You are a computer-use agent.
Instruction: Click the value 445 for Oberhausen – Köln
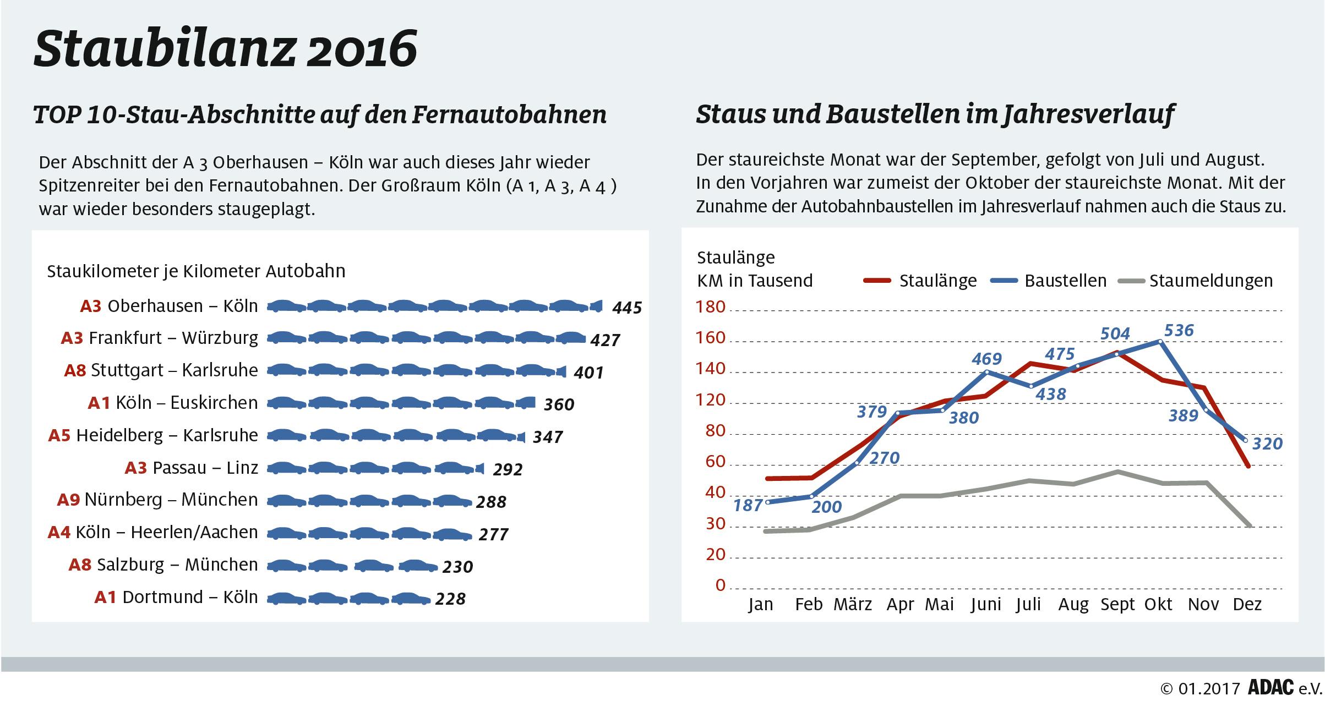[627, 308]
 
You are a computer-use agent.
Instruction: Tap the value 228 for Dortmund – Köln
[450, 599]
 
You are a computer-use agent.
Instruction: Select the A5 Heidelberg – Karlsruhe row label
[153, 436]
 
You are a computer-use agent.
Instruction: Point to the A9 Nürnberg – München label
[157, 500]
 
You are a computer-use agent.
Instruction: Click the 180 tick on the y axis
[712, 307]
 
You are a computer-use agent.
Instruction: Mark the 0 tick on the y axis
[721, 585]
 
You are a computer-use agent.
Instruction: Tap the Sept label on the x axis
[1117, 605]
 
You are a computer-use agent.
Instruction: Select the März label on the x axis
[853, 605]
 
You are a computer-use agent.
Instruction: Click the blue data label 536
[1179, 331]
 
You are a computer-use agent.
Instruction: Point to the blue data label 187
[748, 505]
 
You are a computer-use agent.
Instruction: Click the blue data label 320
[1267, 444]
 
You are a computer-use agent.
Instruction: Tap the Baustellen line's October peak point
[1160, 342]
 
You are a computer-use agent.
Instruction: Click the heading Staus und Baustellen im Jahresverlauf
[935, 114]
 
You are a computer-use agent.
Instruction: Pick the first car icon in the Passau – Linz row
[287, 468]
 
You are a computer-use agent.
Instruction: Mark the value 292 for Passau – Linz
[508, 469]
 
